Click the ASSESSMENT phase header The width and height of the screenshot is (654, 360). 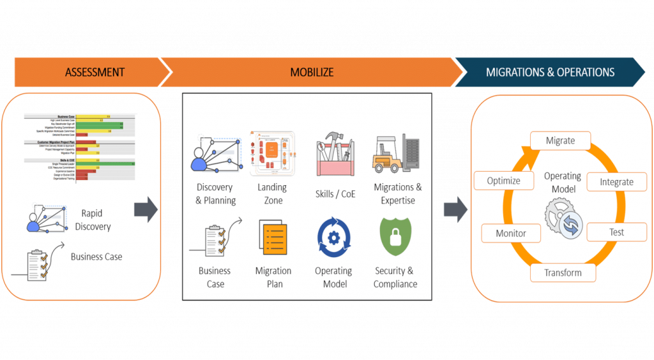click(95, 72)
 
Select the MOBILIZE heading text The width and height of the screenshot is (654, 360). click(312, 72)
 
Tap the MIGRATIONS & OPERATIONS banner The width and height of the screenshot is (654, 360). click(550, 72)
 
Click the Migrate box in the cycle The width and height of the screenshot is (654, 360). click(560, 140)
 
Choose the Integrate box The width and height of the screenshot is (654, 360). click(616, 182)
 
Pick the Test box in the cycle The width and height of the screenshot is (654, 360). click(616, 232)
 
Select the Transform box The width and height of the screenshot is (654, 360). click(563, 273)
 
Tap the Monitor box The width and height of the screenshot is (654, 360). click(510, 233)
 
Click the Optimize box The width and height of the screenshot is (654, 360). click(503, 181)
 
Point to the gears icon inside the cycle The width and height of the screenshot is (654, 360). click(562, 218)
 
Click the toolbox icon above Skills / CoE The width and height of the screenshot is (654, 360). click(335, 154)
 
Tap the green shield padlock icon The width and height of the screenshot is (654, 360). click(395, 237)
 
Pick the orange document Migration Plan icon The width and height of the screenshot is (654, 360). click(273, 237)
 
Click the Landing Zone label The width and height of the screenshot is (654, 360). click(272, 193)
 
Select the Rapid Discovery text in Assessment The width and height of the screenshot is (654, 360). click(93, 220)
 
